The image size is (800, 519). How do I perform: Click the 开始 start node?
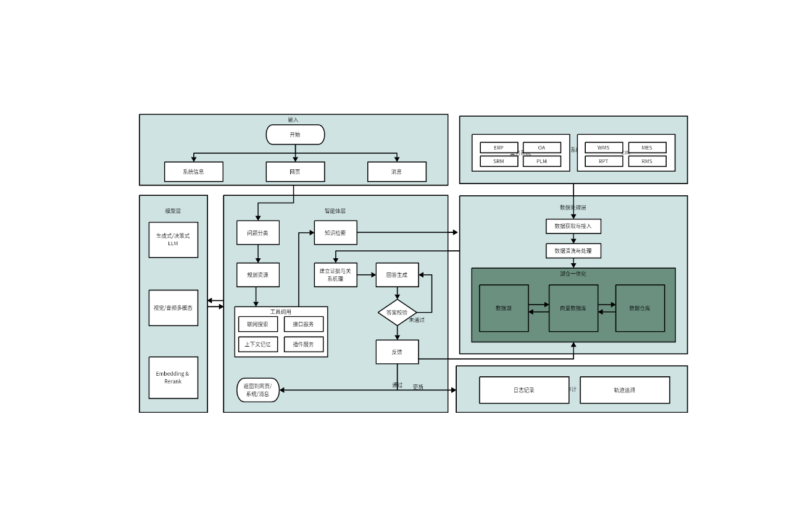295,135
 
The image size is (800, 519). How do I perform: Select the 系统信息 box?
193,172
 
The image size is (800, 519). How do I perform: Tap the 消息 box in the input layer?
396,172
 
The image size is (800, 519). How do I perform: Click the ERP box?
499,148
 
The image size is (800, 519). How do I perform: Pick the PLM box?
541,161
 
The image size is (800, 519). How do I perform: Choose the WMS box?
603,148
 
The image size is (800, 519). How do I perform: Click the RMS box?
647,161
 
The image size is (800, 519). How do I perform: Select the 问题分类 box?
257,233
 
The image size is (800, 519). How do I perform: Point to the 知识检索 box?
335,233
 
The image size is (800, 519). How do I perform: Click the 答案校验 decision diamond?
397,313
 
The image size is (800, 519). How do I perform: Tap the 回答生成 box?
397,275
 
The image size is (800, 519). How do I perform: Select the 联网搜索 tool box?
257,324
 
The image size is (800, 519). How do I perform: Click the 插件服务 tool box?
303,344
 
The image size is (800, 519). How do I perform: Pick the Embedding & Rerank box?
173,378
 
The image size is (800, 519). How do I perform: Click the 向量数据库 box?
573,308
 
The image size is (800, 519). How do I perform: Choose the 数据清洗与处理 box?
573,251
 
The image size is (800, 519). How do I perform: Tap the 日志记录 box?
523,390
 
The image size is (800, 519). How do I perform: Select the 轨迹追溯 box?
624,390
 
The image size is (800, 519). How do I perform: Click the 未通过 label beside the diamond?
417,320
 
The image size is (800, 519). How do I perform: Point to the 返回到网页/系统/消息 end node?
257,390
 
